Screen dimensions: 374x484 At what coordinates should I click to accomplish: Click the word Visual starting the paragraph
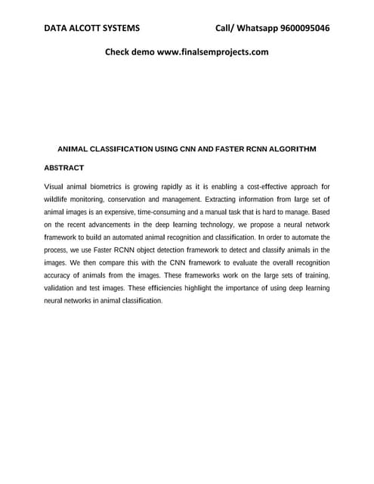coord(55,186)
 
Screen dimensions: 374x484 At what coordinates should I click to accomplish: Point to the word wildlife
coord(57,199)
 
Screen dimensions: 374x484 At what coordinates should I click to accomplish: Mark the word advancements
coord(122,225)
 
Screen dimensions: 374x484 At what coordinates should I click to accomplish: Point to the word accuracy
coord(59,275)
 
